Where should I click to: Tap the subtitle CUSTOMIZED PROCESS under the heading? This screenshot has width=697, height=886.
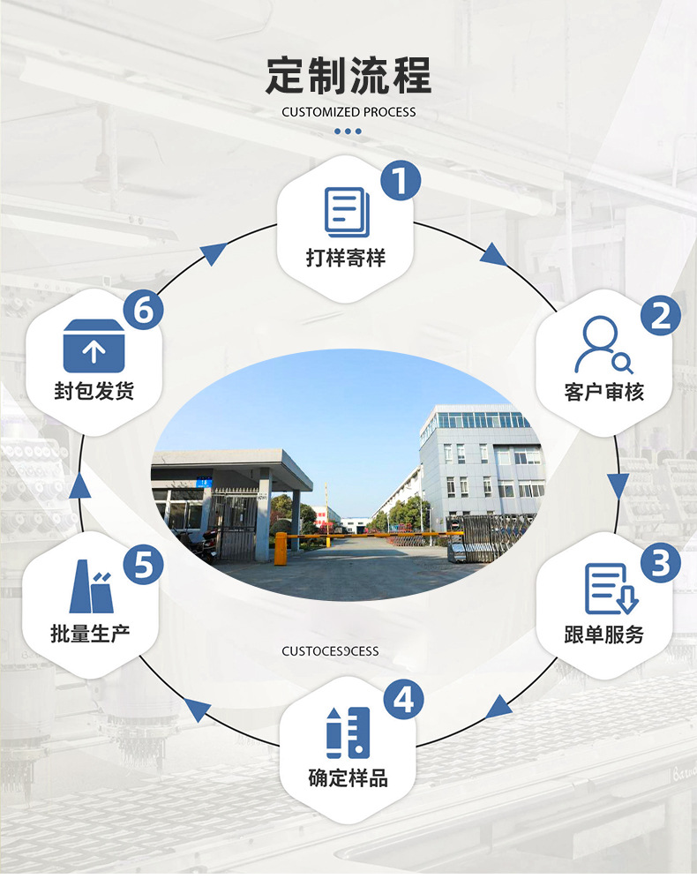[348, 112]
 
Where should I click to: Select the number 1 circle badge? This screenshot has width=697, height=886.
[400, 181]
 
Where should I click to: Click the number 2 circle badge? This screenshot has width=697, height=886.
[660, 315]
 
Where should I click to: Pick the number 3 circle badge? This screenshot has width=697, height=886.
[660, 563]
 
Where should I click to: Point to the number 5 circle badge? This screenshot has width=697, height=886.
[143, 563]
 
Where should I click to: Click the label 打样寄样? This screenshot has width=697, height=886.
[346, 258]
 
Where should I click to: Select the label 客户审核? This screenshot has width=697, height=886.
[603, 391]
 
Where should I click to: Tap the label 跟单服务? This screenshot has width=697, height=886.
[603, 634]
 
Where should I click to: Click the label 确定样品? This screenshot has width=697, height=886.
[348, 777]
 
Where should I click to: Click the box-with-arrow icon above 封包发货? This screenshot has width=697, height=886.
[94, 346]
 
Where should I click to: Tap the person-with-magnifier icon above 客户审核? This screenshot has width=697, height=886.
[603, 345]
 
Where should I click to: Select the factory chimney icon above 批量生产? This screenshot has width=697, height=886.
[91, 586]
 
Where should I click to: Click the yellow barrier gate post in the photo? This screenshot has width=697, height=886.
[281, 547]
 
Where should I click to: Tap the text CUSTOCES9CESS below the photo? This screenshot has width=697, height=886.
[330, 651]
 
